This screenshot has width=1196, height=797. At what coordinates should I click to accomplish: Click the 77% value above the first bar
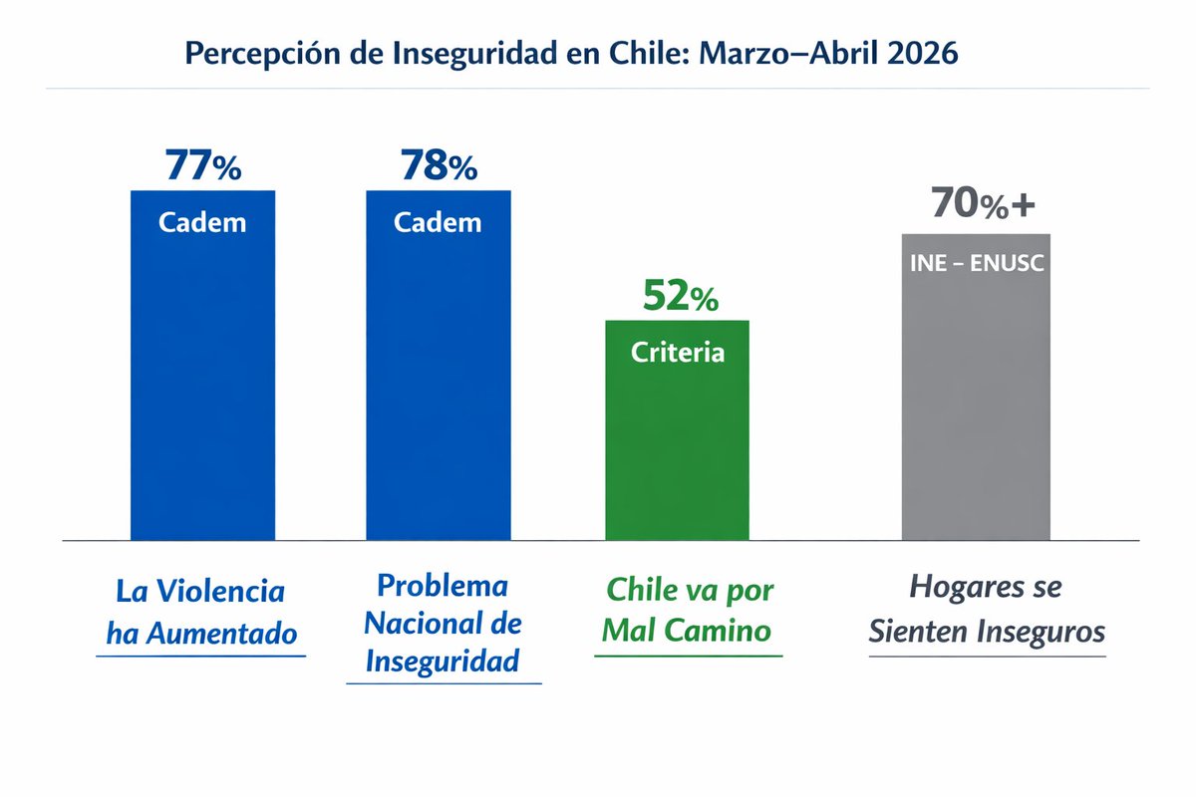(203, 166)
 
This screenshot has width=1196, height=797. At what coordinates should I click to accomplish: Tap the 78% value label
(439, 166)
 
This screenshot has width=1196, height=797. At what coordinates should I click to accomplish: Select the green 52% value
(679, 296)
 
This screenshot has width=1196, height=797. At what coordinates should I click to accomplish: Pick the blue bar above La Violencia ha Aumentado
(203, 398)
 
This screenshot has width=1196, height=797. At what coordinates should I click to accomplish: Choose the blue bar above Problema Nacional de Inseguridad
(439, 398)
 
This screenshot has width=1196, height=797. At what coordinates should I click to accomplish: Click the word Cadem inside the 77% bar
(202, 222)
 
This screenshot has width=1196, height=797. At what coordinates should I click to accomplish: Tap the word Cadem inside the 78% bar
(438, 222)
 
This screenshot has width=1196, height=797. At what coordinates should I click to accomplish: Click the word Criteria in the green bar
(678, 353)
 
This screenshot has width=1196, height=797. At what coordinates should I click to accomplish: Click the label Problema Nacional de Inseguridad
(443, 623)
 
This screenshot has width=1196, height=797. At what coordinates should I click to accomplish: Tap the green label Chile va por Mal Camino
(689, 610)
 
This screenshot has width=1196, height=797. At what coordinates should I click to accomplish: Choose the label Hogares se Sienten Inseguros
(986, 609)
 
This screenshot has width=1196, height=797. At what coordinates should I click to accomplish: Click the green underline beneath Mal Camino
(688, 656)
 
